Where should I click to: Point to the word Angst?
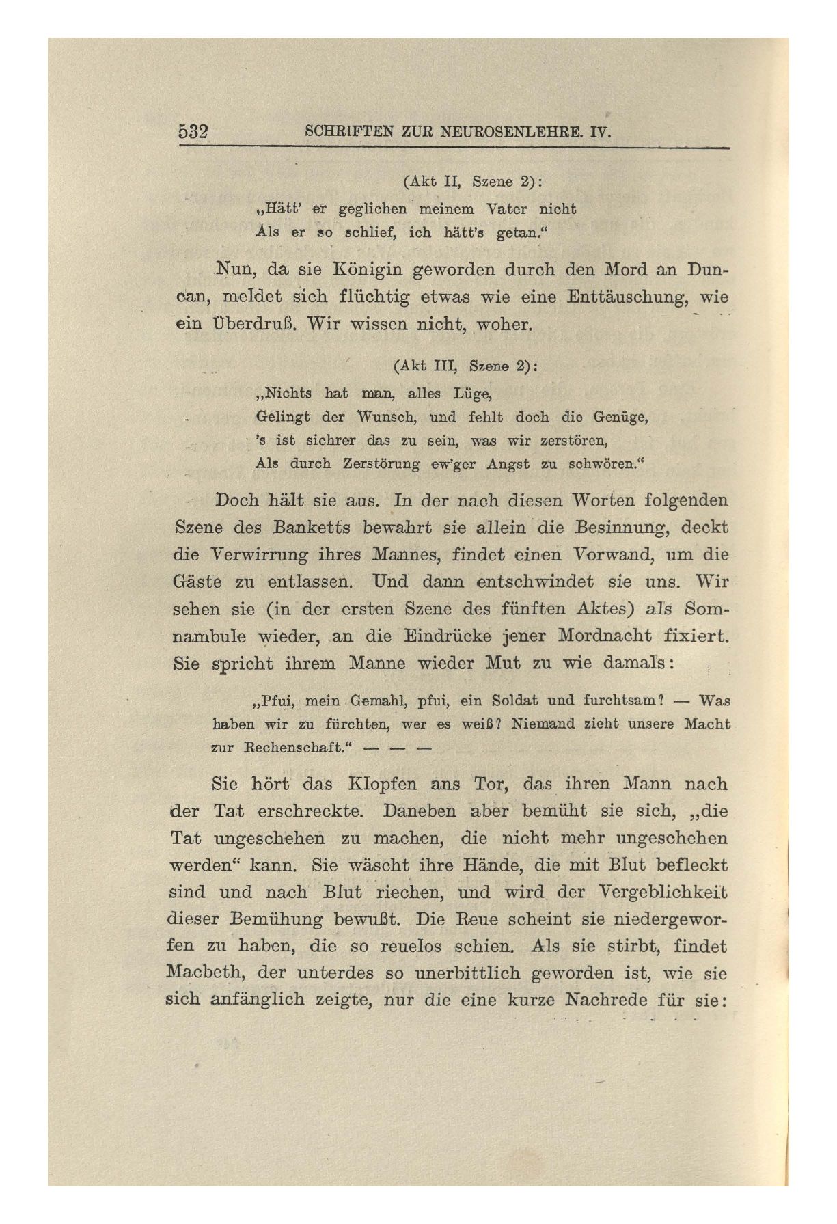(508, 463)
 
